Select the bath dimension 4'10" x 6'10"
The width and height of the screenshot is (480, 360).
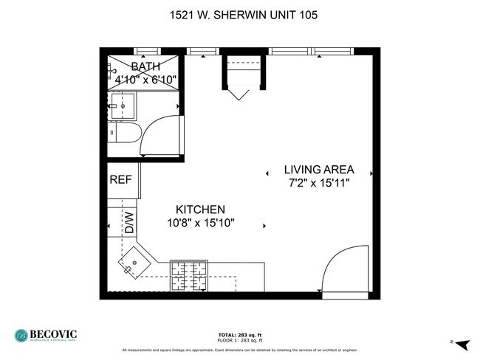[x=145, y=79]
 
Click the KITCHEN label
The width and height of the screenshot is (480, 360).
[x=200, y=210]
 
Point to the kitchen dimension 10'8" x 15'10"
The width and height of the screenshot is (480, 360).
[x=200, y=223]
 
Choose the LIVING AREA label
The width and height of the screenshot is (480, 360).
[x=320, y=169]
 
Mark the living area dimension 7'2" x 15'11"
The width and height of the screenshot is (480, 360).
[x=320, y=182]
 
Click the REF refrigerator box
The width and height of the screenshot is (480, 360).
[x=120, y=180]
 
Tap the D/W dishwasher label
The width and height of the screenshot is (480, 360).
[x=128, y=222]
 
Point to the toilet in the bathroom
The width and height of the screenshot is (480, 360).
[x=126, y=134]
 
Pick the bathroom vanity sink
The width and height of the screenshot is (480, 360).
[x=123, y=105]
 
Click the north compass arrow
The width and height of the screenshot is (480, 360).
[x=462, y=343]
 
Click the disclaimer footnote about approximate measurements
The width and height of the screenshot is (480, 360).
[x=240, y=349]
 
